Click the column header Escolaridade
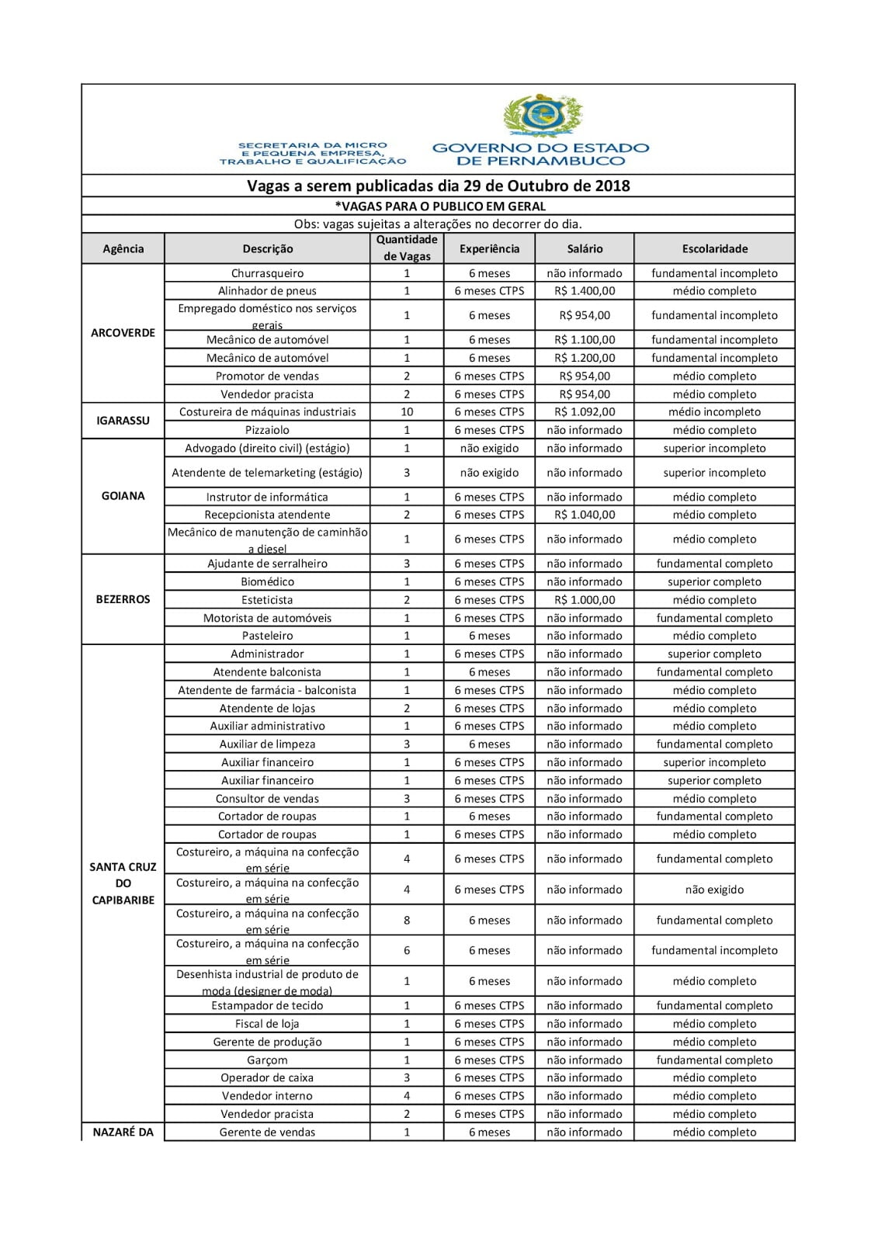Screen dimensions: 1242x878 pos(714,249)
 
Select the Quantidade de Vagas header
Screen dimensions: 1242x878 pos(407,248)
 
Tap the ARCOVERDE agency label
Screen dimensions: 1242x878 pos(123,333)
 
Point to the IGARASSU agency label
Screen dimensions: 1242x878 pos(123,421)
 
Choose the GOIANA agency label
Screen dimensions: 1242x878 pos(123,496)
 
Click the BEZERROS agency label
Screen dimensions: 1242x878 pos(123,599)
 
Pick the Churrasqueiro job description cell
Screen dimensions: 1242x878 pos(267,273)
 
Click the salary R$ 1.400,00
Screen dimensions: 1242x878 pos(585,291)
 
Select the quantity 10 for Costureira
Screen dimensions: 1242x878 pos(407,412)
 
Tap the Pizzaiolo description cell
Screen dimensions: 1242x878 pos(267,430)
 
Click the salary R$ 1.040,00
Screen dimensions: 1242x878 pos(585,515)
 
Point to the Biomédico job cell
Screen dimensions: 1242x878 pos(267,581)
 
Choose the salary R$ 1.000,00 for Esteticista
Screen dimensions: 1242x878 pos(585,600)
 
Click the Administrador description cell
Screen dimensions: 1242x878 pos(267,654)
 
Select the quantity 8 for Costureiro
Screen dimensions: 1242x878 pos(407,921)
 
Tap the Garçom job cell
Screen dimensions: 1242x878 pos(267,1060)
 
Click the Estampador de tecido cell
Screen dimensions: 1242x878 pos(267,1006)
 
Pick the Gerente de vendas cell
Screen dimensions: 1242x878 pos(267,1133)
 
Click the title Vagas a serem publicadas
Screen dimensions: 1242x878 pos(438,186)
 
